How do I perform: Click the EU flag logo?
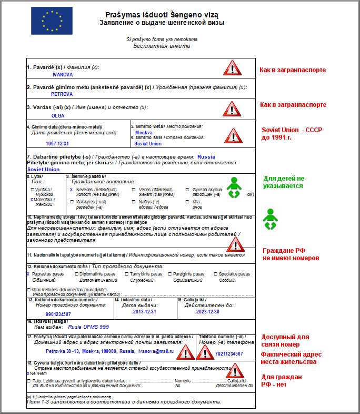click(45, 21)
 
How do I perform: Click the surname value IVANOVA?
click(62, 75)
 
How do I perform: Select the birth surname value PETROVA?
click(62, 94)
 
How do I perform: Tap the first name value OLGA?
click(58, 115)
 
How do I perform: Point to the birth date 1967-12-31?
click(58, 143)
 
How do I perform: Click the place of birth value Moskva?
click(144, 133)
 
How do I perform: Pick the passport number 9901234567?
click(58, 314)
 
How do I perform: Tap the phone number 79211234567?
click(229, 354)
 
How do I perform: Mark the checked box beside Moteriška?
click(32, 200)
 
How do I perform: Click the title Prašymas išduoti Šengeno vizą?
click(162, 14)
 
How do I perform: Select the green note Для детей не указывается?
click(284, 182)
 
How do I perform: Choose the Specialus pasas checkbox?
click(215, 274)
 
